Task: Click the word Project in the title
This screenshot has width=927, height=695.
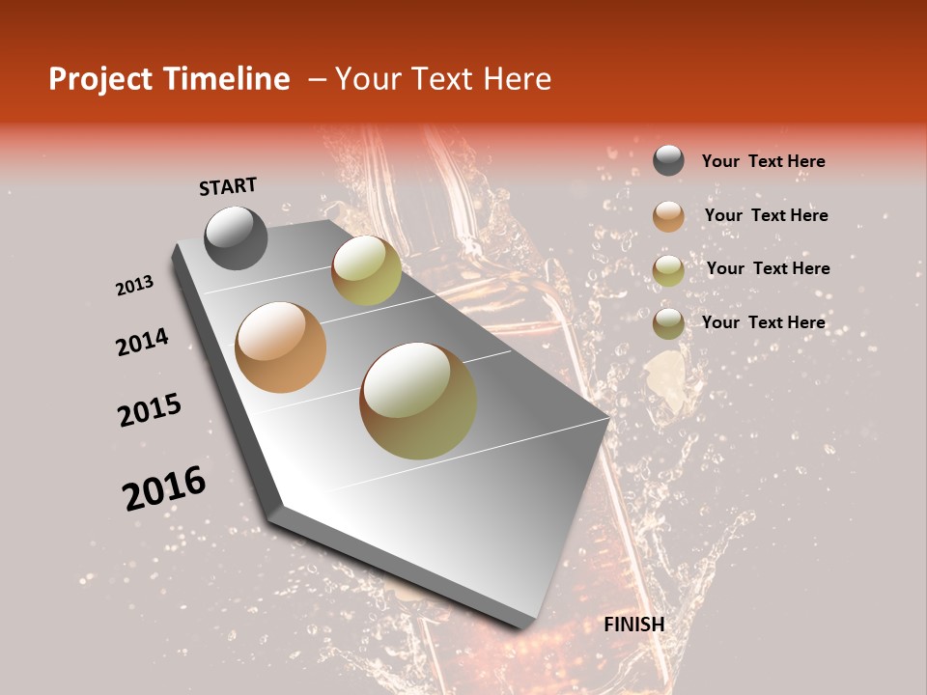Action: pos(101,79)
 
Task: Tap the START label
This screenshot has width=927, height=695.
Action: pos(228,186)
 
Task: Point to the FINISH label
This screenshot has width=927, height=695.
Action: pos(633,625)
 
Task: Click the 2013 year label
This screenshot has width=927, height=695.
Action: pos(134,286)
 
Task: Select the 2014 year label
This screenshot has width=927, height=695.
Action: pos(142,342)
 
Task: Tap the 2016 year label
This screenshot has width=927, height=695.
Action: pos(164,487)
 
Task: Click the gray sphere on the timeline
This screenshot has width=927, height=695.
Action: pos(236,237)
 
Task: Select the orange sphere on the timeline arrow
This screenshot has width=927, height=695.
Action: pos(281,347)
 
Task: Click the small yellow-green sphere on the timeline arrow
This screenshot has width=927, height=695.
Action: pos(366,270)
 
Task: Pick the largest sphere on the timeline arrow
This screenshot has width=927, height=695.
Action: pos(418,401)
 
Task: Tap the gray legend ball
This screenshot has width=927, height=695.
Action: pos(668,161)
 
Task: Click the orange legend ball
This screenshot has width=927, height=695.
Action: pos(668,216)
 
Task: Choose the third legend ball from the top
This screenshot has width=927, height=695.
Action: pos(668,270)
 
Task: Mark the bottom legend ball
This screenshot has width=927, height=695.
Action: pos(668,323)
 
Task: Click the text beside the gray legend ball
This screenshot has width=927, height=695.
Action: pos(763,161)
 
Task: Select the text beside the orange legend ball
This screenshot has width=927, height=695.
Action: pos(766,215)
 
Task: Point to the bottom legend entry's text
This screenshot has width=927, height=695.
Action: pos(763,322)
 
